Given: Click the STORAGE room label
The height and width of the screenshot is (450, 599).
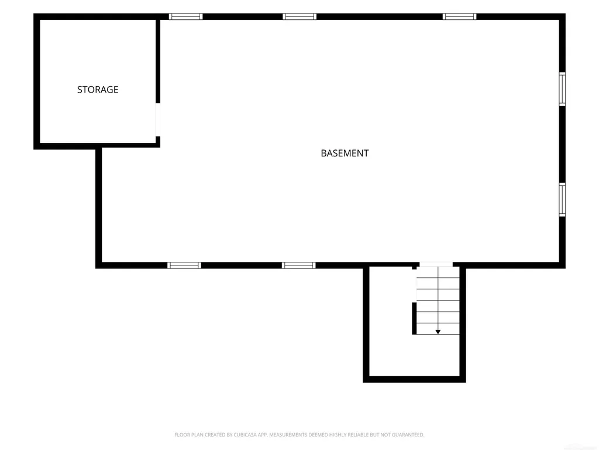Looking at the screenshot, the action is tap(98, 90).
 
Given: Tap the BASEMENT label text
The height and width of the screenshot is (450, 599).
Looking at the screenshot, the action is tap(345, 153).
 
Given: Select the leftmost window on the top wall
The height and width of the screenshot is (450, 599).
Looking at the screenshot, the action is tap(185, 16).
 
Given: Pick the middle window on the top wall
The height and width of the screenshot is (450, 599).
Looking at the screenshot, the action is tap(299, 16).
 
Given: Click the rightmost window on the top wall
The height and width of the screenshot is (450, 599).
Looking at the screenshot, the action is tap(460, 16).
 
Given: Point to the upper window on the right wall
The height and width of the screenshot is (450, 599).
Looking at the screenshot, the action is tap(562, 89).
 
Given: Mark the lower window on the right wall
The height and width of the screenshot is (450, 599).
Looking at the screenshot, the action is tap(562, 200).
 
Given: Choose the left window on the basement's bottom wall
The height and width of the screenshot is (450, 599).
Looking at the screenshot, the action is tap(184, 265).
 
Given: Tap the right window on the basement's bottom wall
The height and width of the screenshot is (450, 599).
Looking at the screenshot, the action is tap(299, 265).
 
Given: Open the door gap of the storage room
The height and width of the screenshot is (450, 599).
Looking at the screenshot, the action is tap(158, 120).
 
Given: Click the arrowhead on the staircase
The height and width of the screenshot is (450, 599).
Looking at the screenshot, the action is tap(438, 332).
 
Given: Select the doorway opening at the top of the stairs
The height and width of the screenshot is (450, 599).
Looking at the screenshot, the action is tap(436, 264).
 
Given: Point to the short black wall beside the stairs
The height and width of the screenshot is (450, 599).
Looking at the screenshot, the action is tap(414, 318).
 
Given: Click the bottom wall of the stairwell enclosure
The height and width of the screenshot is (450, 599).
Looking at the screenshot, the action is tap(414, 379).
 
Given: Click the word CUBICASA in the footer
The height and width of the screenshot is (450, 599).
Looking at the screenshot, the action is tap(245, 435).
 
